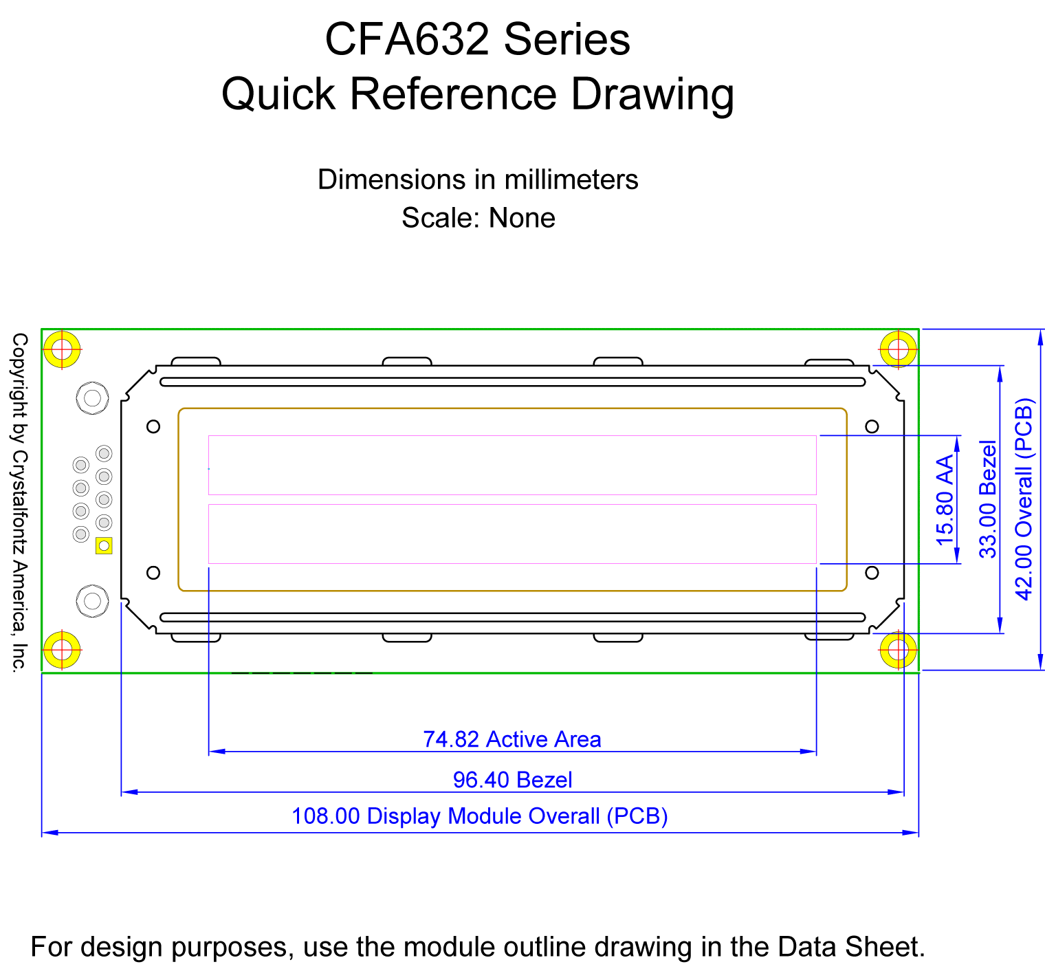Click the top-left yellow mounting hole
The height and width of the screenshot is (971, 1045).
coord(62,349)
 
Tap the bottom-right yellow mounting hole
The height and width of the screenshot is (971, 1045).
coord(899,649)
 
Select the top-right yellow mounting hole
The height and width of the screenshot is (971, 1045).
coord(899,349)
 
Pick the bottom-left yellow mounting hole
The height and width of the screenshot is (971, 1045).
coord(62,649)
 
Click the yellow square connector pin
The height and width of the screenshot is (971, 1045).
coord(104,546)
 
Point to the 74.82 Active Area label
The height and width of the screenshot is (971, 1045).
coord(512,739)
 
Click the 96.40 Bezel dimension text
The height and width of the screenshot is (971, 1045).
coord(513,780)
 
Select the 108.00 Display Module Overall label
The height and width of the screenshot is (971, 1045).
coord(480,816)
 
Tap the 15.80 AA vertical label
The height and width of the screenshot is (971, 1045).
coord(946,499)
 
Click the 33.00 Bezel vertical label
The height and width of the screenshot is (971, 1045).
coord(988,499)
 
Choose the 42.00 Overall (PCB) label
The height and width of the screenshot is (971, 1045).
coord(1024,499)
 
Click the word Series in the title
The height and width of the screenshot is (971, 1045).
coord(567,39)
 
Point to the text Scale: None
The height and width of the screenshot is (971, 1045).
coord(478,218)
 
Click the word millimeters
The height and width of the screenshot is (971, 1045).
coord(571,179)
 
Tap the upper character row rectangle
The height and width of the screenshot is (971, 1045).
coord(512,465)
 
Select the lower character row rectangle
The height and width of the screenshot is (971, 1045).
coord(512,534)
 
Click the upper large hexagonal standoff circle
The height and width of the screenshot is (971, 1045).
coord(92,397)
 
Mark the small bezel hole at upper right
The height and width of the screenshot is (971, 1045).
coord(872,426)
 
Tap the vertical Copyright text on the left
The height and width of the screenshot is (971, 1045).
coord(19,501)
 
